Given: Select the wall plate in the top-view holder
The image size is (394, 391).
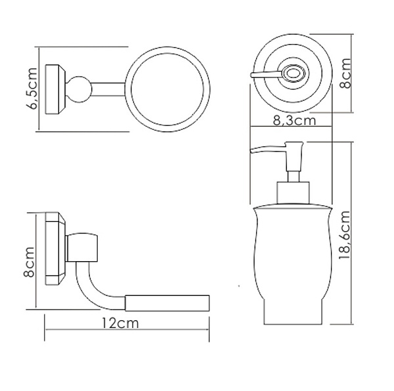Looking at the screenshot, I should [x=56, y=89].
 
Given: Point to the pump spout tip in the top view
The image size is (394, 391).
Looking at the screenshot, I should [x=253, y=77].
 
